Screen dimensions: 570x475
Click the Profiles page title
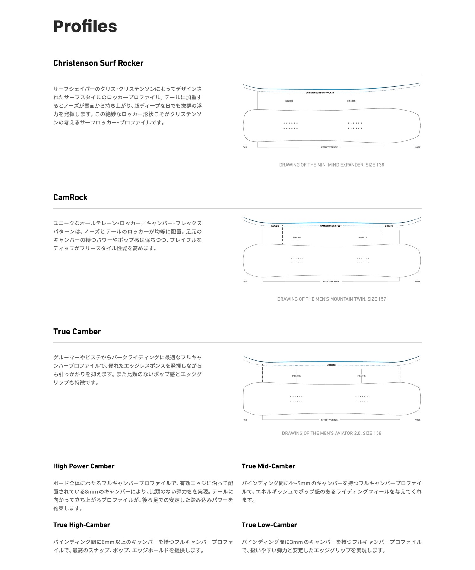click(x=85, y=26)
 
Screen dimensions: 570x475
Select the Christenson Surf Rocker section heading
click(x=98, y=63)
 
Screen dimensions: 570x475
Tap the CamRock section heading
click(x=70, y=197)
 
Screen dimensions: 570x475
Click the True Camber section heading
click(x=77, y=332)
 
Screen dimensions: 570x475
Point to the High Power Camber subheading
click(x=84, y=466)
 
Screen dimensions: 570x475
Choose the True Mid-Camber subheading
click(x=268, y=466)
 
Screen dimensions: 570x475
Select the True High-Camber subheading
click(x=81, y=525)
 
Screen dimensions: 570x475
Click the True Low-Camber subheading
click(x=269, y=525)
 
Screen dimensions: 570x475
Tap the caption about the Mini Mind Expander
click(x=332, y=165)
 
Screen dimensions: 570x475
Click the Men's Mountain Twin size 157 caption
click(x=332, y=299)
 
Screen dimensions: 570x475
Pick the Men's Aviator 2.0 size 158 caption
click(x=332, y=433)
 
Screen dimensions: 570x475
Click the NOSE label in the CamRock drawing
click(x=417, y=282)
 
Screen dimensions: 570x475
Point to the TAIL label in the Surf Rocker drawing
click(x=245, y=147)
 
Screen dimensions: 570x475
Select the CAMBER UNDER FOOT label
click(x=331, y=226)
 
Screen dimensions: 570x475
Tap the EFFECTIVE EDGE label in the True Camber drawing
click(x=329, y=420)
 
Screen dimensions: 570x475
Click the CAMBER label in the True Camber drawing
click(x=332, y=365)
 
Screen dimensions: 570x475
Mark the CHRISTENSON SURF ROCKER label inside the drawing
click(x=320, y=93)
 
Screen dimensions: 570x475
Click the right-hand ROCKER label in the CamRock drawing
click(x=389, y=226)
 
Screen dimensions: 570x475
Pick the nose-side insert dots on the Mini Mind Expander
click(x=355, y=125)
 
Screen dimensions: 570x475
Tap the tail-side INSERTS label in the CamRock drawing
click(x=297, y=237)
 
